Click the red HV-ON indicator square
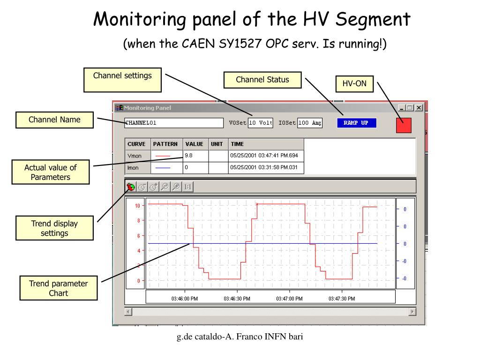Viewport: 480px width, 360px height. (404, 125)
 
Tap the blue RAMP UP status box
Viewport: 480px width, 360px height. (356, 123)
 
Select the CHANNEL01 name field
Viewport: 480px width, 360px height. (173, 123)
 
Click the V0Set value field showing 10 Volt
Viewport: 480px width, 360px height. (260, 123)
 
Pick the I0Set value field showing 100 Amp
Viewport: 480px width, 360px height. (310, 123)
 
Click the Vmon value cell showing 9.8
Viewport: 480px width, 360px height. (195, 155)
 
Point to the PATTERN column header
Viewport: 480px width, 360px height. (165, 144)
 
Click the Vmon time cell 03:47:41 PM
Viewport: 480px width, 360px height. (266, 155)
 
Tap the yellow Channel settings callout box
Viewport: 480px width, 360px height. (122, 80)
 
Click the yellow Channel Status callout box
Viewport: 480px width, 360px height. (262, 80)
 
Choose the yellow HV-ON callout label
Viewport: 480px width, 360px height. (354, 84)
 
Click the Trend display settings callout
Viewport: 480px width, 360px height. (54, 228)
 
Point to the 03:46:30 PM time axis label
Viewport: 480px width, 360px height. (237, 299)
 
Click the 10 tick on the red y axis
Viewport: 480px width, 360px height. (137, 206)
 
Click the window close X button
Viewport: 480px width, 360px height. (419, 108)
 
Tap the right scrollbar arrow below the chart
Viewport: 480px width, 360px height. (412, 312)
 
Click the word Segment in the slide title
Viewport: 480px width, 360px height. (374, 19)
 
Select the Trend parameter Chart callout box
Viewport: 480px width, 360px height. (58, 288)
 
